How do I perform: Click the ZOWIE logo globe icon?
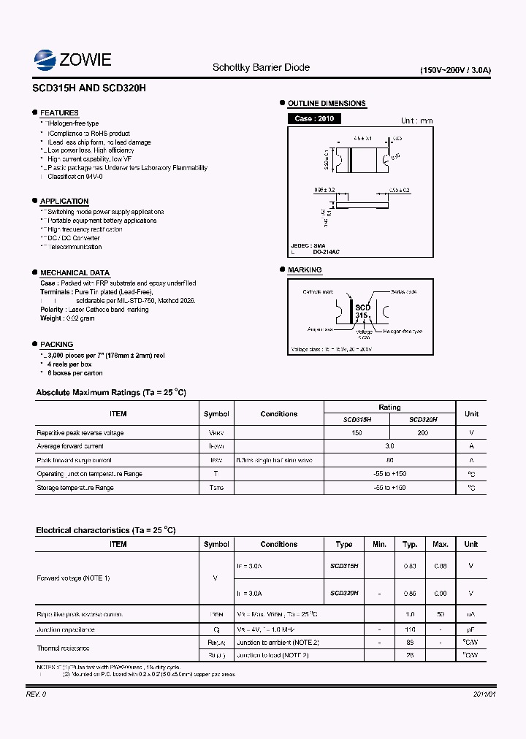pyautogui.click(x=45, y=59)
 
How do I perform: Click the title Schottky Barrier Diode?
pyautogui.click(x=261, y=67)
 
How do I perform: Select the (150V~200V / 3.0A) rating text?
pyautogui.click(x=455, y=71)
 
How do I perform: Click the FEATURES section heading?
pyautogui.click(x=59, y=112)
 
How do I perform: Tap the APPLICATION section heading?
pyautogui.click(x=64, y=201)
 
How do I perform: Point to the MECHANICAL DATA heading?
pyautogui.click(x=75, y=272)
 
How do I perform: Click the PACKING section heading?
pyautogui.click(x=56, y=344)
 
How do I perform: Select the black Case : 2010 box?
pyautogui.click(x=314, y=118)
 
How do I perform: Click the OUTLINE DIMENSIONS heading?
pyautogui.click(x=327, y=103)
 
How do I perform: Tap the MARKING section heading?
pyautogui.click(x=305, y=269)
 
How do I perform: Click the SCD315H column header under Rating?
pyautogui.click(x=357, y=420)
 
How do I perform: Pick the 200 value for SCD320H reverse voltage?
pyautogui.click(x=422, y=433)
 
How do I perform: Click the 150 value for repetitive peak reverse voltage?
pyautogui.click(x=357, y=433)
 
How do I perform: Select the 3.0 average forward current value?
pyautogui.click(x=389, y=446)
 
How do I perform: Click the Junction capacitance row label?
pyautogui.click(x=66, y=629)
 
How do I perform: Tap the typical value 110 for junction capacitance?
pyautogui.click(x=410, y=629)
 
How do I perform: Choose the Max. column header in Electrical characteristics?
pyautogui.click(x=441, y=544)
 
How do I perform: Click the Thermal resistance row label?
pyautogui.click(x=63, y=648)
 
